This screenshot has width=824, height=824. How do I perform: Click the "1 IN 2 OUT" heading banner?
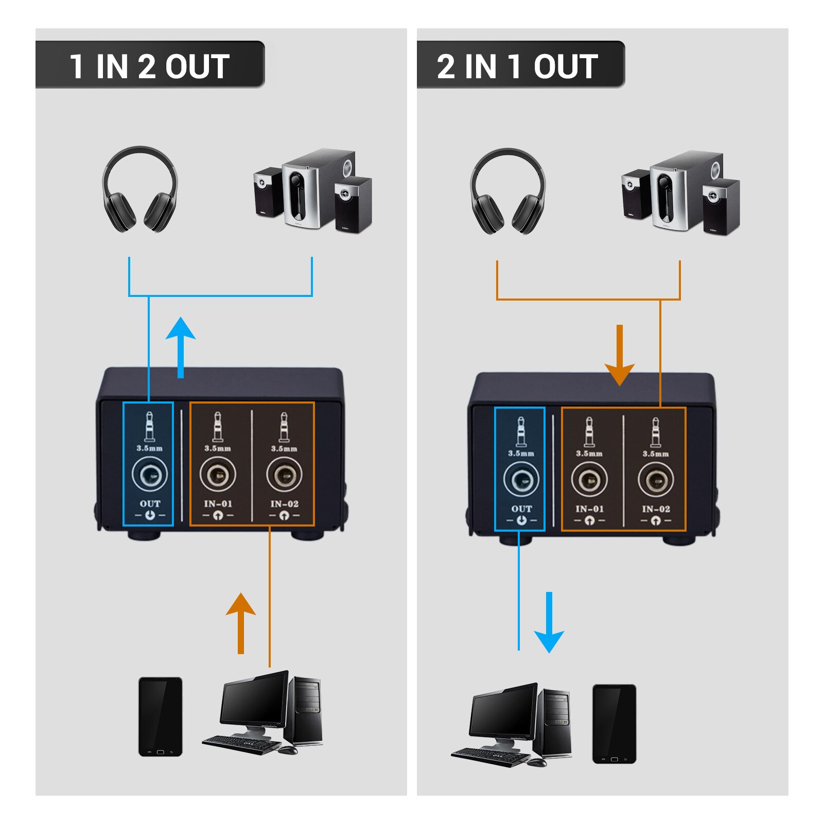(149, 66)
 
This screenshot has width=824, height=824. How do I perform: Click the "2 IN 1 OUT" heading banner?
(520, 66)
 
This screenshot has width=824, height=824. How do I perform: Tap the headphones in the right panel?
(508, 191)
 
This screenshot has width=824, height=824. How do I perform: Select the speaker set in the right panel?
(680, 192)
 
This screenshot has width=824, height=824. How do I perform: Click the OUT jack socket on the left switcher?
(149, 475)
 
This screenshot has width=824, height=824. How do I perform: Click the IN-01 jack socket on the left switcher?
(218, 475)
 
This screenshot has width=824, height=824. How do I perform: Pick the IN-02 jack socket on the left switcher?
(284, 475)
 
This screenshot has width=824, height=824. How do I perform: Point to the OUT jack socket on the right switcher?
(521, 480)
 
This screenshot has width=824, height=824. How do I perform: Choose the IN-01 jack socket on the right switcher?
(589, 480)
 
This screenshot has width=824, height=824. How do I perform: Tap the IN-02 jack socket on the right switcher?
(656, 480)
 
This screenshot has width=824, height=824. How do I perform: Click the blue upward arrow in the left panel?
(181, 347)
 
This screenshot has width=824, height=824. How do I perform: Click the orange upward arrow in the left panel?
(240, 623)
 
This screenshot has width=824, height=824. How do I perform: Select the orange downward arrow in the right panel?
(620, 355)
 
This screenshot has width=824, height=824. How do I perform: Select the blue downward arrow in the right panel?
(549, 623)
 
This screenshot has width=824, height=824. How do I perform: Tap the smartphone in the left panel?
(160, 716)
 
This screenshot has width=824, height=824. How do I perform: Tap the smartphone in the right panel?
(614, 724)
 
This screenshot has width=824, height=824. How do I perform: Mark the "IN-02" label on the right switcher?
(656, 509)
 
